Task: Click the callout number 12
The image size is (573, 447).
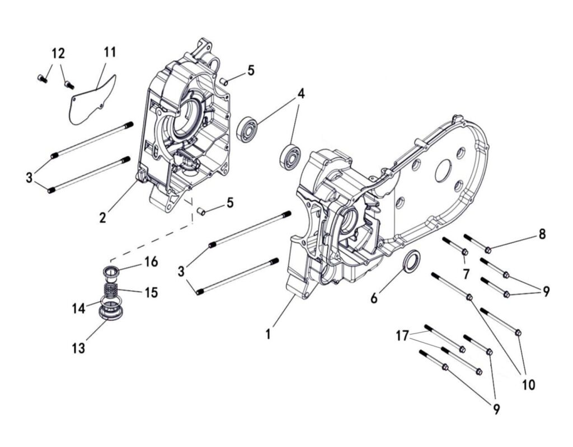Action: [58, 54]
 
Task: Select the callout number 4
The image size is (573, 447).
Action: [301, 94]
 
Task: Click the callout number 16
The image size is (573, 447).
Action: [151, 261]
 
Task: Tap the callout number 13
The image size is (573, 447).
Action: [78, 348]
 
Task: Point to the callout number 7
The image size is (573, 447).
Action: [465, 274]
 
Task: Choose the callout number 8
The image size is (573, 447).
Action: [542, 234]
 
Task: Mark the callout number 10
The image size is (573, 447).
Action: [528, 384]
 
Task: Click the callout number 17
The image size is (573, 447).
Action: [402, 335]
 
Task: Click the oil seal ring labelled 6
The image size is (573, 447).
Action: [412, 262]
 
